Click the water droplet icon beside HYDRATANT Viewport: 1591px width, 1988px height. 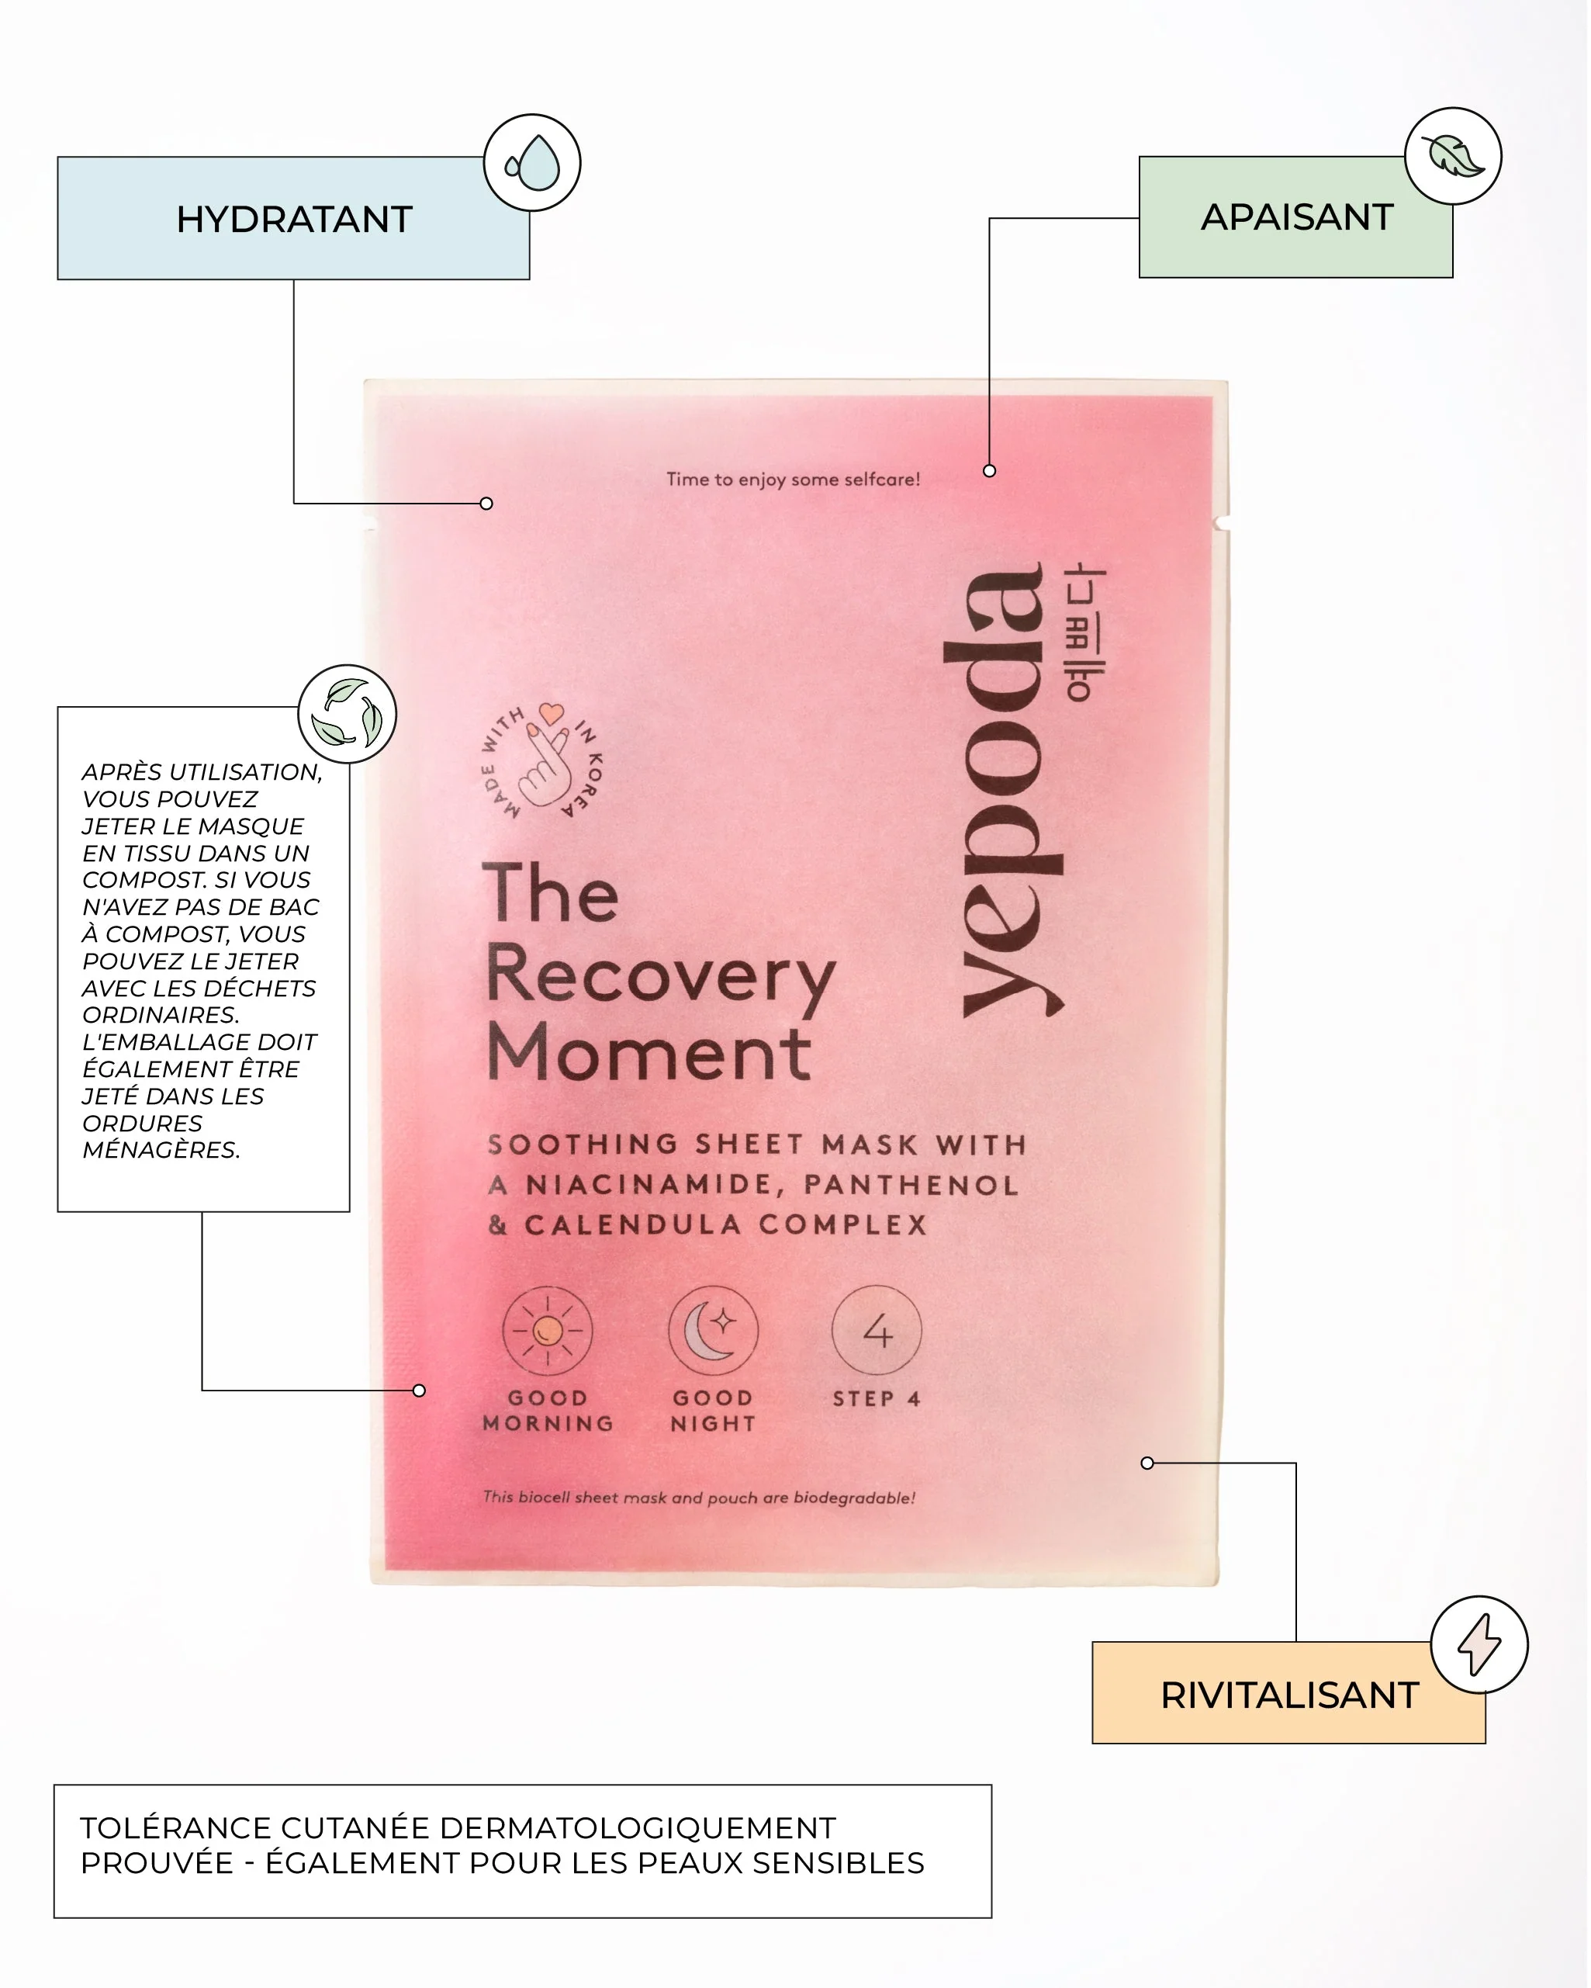(x=532, y=162)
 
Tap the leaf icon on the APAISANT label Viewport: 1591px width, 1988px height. (x=1453, y=155)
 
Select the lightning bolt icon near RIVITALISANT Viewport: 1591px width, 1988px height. (x=1479, y=1645)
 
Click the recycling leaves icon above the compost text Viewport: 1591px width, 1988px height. (x=347, y=713)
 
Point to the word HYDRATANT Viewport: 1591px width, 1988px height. (x=294, y=220)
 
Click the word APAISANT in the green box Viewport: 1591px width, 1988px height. (x=1296, y=216)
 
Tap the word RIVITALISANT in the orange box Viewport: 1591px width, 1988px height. (x=1288, y=1695)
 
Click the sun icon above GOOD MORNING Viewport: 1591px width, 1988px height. (x=548, y=1331)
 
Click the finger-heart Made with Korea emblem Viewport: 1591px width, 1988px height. (x=543, y=762)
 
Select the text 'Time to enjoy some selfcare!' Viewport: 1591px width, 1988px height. (x=793, y=479)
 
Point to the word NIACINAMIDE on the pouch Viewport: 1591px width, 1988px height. (x=655, y=1184)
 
